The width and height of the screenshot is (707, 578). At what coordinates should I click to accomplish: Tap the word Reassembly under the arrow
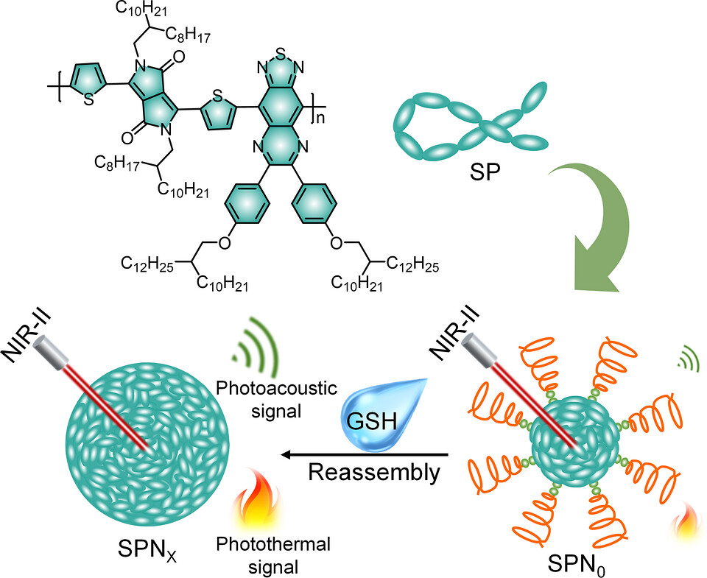coord(374,473)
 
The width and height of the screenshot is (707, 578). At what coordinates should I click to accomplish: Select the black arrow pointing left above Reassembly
coord(365,454)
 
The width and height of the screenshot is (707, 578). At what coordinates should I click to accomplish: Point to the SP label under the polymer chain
coord(485,172)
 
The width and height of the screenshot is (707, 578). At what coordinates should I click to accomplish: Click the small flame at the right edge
coord(688,521)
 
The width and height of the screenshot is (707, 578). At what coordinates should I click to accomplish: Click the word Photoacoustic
coord(276,388)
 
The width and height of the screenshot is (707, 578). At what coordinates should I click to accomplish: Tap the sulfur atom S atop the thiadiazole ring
coord(280,54)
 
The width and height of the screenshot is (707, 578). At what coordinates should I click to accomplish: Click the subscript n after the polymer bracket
coord(319,118)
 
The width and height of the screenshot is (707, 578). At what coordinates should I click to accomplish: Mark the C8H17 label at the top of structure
coord(188,35)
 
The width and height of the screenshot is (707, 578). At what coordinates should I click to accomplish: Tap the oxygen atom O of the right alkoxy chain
coord(337,244)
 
